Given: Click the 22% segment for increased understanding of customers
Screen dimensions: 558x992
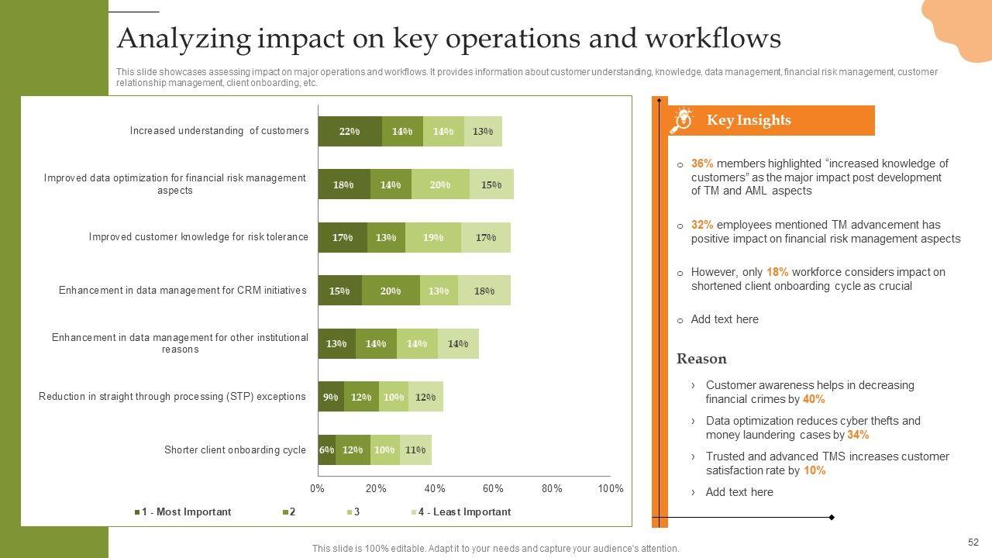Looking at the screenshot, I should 350,132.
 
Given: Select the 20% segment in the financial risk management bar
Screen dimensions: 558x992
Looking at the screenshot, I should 440,184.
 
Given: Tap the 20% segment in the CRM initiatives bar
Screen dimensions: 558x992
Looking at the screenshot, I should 391,291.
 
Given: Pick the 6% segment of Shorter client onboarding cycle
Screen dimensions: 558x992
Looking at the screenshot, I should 326,449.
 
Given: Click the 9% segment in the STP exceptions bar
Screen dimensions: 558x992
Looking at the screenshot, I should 331,397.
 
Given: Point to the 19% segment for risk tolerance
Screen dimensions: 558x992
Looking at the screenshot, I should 432,237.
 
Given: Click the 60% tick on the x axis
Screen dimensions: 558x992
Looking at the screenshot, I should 493,489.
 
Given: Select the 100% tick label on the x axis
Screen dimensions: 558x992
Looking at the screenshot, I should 611,489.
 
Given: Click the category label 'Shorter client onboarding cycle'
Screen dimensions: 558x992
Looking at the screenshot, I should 235,450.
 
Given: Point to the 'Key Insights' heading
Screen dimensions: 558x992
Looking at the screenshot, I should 749,120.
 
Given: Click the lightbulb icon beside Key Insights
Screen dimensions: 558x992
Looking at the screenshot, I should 682,120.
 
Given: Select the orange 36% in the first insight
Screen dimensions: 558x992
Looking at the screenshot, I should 702,164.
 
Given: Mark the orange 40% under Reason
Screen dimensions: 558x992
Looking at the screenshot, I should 814,399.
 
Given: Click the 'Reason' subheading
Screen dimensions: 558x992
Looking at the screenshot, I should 701,359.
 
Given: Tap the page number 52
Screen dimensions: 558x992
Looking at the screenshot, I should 973,542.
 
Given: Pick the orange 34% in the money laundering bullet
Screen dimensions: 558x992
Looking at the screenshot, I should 858,435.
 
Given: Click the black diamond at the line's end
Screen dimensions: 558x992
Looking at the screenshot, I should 832,517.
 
